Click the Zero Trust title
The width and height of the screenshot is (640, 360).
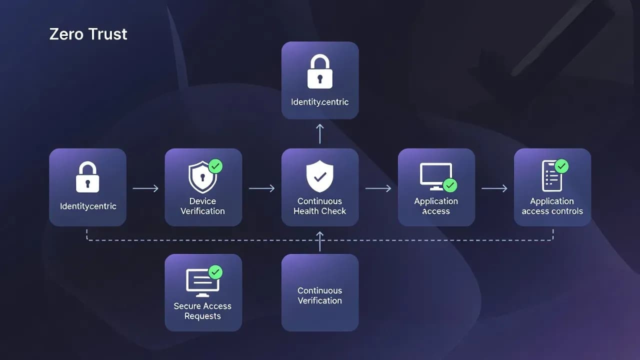click(88, 34)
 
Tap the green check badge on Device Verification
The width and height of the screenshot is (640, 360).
click(215, 166)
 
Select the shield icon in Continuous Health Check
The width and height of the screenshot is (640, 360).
click(320, 176)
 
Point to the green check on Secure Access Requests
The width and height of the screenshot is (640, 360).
click(215, 272)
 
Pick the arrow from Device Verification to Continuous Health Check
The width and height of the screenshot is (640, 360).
click(261, 188)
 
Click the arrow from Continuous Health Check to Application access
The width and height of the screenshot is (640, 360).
click(378, 188)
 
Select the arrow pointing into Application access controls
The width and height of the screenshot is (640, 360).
click(494, 188)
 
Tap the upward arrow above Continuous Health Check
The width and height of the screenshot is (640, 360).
click(320, 133)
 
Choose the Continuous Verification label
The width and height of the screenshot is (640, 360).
click(320, 295)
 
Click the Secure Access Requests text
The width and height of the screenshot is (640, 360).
click(202, 311)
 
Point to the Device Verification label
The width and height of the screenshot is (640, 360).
click(202, 206)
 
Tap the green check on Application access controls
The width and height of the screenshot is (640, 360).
click(561, 166)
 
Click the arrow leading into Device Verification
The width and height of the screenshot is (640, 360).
click(145, 188)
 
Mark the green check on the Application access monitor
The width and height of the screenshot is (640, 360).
click(450, 185)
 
